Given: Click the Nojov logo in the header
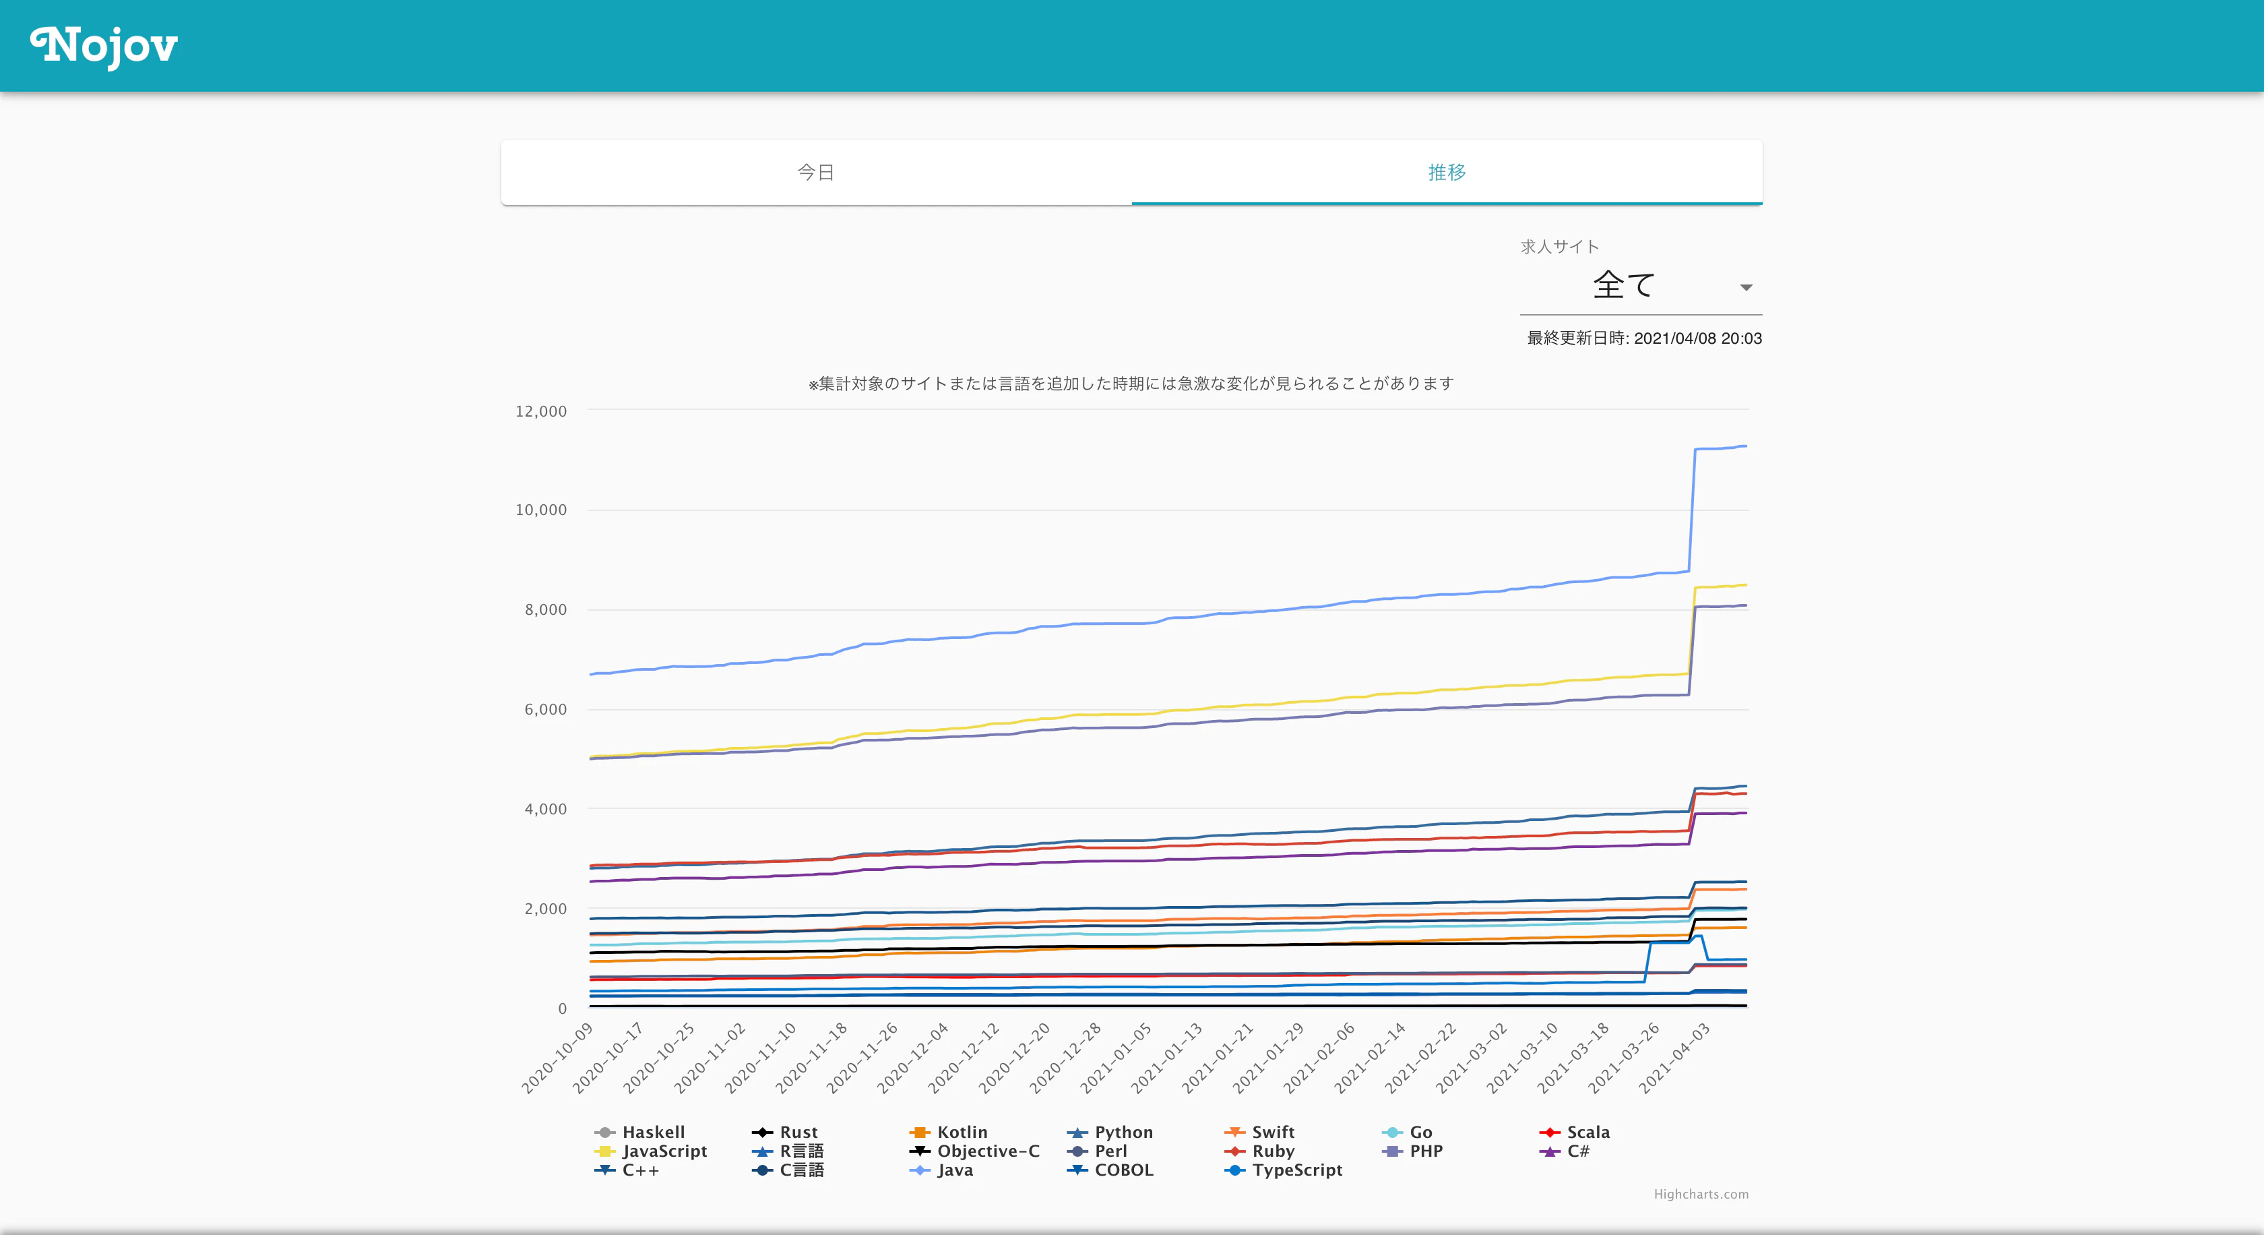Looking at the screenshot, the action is [x=104, y=46].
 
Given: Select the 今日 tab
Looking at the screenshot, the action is [x=815, y=173].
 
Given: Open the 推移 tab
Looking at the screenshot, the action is [x=1447, y=173].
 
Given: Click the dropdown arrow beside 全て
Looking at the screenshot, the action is [x=1745, y=287].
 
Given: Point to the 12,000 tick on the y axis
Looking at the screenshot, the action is [x=540, y=411].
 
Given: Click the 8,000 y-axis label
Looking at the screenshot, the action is [x=545, y=609].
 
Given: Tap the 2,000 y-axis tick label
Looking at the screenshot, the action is [x=545, y=908].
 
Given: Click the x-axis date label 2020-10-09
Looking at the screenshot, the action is [x=558, y=1058].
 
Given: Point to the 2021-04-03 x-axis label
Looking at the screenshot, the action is [x=1675, y=1058].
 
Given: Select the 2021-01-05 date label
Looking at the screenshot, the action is [x=1117, y=1058].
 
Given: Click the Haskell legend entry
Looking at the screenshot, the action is [x=640, y=1132].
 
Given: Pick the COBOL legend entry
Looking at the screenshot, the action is [x=1110, y=1170].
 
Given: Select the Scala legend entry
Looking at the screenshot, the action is [x=1575, y=1132].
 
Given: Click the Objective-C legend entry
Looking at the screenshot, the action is [x=975, y=1151].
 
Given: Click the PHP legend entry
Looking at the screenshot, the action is [x=1412, y=1151].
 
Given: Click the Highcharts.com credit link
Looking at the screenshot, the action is [x=1701, y=1194].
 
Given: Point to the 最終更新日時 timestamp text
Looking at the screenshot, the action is [x=1644, y=338].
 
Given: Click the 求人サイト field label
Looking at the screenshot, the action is [x=1560, y=247].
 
